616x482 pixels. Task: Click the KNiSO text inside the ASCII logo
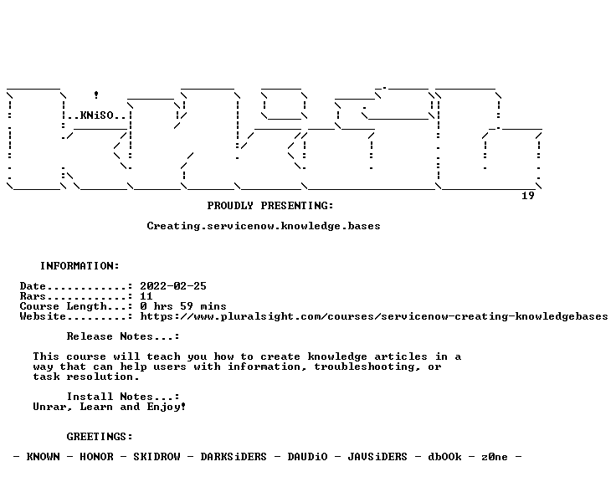click(96, 115)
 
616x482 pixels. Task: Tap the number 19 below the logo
click(527, 196)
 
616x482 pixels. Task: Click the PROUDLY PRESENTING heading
click(270, 206)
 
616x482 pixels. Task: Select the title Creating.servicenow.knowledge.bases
click(264, 226)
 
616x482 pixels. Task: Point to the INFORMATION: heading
click(80, 266)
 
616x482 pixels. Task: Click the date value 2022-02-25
click(173, 286)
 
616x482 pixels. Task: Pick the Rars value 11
click(146, 296)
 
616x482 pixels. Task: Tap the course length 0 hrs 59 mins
click(183, 306)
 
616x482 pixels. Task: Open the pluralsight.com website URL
click(374, 316)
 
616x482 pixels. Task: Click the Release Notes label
click(122, 336)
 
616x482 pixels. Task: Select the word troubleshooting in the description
click(366, 367)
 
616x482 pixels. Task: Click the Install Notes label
click(122, 397)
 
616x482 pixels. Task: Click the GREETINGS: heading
click(100, 437)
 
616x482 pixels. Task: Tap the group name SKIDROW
click(157, 457)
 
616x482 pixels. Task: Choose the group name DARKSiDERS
click(234, 457)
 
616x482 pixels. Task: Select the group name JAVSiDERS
click(377, 457)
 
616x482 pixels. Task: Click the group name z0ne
click(494, 457)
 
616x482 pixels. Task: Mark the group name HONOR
click(96, 457)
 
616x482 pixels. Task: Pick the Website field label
click(43, 316)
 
